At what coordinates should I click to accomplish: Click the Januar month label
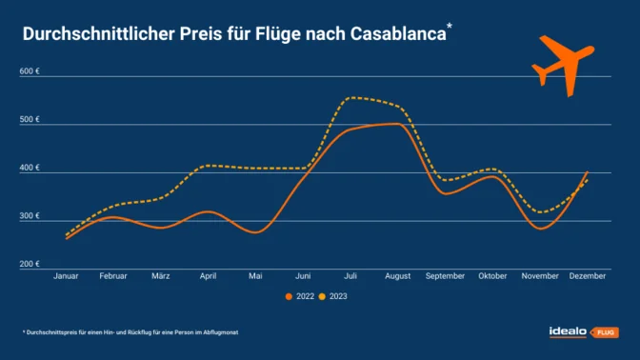click(66, 276)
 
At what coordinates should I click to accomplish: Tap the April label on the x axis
click(209, 276)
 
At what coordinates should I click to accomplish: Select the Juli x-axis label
click(350, 276)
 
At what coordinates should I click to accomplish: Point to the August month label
click(398, 276)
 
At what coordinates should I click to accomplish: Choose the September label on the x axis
click(446, 276)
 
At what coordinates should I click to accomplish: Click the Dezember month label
click(588, 276)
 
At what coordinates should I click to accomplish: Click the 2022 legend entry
click(299, 296)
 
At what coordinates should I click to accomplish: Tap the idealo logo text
click(568, 331)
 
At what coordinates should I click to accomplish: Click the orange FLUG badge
click(606, 332)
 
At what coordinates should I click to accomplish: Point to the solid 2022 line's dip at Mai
click(255, 231)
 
